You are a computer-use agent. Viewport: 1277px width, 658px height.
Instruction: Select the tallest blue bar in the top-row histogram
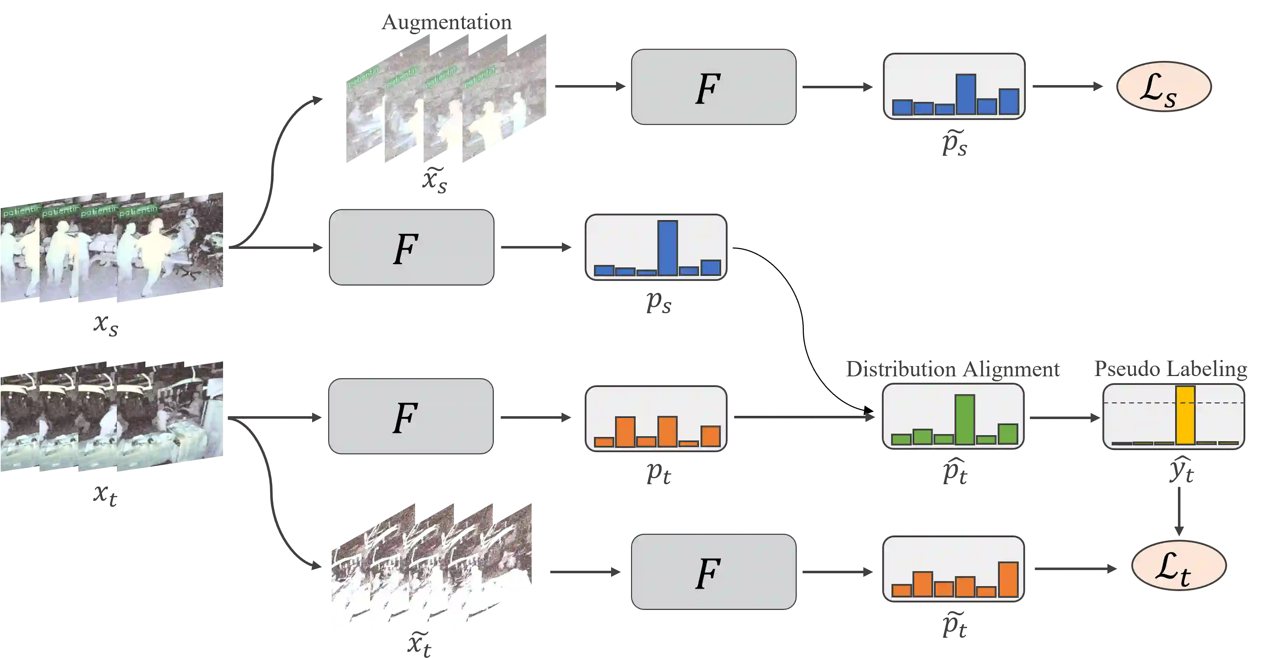coord(966,94)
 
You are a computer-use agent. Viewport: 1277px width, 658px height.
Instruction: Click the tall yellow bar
coord(1185,415)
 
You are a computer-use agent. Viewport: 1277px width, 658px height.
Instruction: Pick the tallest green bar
coord(965,419)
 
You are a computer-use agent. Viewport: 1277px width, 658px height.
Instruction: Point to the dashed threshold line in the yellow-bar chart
coord(1140,403)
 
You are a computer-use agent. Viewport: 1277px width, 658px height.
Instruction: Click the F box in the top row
coord(713,87)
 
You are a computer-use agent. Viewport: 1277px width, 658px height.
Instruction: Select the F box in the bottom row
coord(713,572)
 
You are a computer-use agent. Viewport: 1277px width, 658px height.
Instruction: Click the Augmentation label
coord(446,22)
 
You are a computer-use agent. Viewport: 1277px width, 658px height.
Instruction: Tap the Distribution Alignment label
coord(952,370)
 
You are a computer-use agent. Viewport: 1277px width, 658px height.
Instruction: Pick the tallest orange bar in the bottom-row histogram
coord(1008,579)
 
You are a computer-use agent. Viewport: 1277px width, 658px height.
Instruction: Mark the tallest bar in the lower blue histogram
coord(667,248)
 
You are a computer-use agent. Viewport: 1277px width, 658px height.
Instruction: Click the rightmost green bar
coord(1008,434)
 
